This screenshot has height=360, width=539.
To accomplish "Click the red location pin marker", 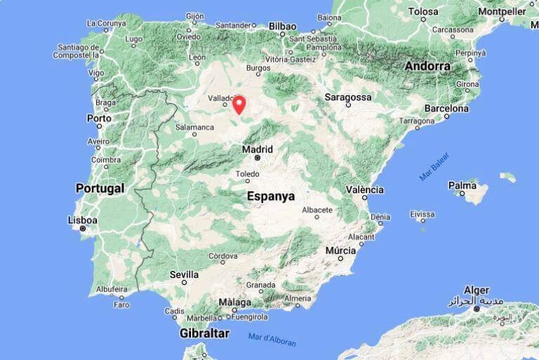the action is point(239,105).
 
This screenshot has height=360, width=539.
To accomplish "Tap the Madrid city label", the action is point(257,149).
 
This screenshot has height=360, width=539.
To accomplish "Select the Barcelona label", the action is point(446,109).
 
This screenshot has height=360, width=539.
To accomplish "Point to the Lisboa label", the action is point(83,220).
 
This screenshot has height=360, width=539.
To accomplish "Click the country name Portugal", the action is point(100,188).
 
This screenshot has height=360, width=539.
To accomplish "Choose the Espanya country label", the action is point(271,196).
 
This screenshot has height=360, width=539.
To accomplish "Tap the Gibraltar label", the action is point(204,333).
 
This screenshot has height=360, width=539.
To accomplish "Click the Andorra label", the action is point(428,66).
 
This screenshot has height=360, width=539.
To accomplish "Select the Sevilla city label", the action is point(185,274).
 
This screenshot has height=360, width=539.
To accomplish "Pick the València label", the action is point(365,189).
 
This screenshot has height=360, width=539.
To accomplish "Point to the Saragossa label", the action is point(349,97).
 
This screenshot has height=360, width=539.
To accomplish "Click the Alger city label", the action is point(477,290).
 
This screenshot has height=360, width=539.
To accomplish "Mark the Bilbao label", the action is point(282,26).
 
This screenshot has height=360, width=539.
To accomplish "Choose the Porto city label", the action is point(99,119).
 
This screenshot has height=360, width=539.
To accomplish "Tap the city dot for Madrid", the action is point(258,158).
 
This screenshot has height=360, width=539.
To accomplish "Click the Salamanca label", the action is point(194,127).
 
